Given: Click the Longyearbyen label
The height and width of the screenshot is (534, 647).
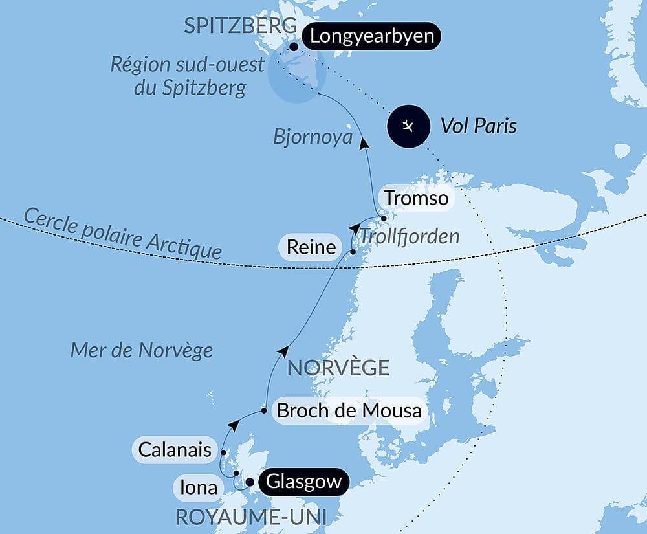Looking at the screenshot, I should pyautogui.click(x=371, y=36).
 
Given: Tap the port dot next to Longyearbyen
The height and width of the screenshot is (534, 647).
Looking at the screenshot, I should pyautogui.click(x=294, y=47).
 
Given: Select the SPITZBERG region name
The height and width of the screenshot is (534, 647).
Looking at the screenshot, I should pyautogui.click(x=240, y=26).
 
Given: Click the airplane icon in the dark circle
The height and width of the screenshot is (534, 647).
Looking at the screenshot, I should pyautogui.click(x=408, y=126).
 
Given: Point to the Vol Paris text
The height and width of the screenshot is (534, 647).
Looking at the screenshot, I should pyautogui.click(x=478, y=126).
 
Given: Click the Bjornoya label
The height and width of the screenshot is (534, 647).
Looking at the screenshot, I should pyautogui.click(x=313, y=137).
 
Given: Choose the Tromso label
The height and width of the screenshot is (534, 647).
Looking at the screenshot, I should pyautogui.click(x=415, y=197).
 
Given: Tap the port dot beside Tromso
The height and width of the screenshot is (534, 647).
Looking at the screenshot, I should pyautogui.click(x=384, y=218).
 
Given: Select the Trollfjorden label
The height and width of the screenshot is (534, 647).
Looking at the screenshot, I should pyautogui.click(x=409, y=236).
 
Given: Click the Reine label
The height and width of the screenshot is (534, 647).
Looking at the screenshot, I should pyautogui.click(x=311, y=247).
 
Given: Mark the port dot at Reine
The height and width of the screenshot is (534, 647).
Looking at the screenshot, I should pyautogui.click(x=353, y=251).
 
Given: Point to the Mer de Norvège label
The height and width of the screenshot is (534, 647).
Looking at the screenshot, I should pyautogui.click(x=141, y=350).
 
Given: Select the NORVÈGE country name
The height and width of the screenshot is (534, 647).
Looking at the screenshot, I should pyautogui.click(x=338, y=368).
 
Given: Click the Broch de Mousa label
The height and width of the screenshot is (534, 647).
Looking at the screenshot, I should pyautogui.click(x=349, y=410).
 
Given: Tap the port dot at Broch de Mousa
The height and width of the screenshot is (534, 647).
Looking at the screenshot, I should pyautogui.click(x=264, y=410).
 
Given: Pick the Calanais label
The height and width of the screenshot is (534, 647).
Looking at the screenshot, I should pyautogui.click(x=174, y=449).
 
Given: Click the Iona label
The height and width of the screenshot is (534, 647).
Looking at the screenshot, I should pyautogui.click(x=199, y=487).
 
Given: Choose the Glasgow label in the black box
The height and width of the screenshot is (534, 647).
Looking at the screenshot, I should pyautogui.click(x=303, y=482).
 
